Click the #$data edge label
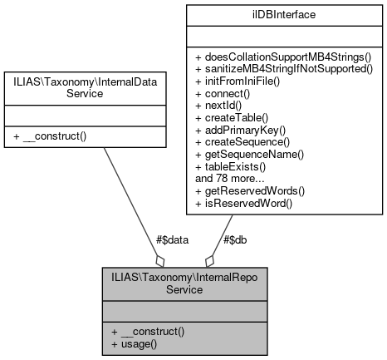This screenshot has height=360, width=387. pos(172,239)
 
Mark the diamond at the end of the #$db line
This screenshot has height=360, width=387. pos(211,260)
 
